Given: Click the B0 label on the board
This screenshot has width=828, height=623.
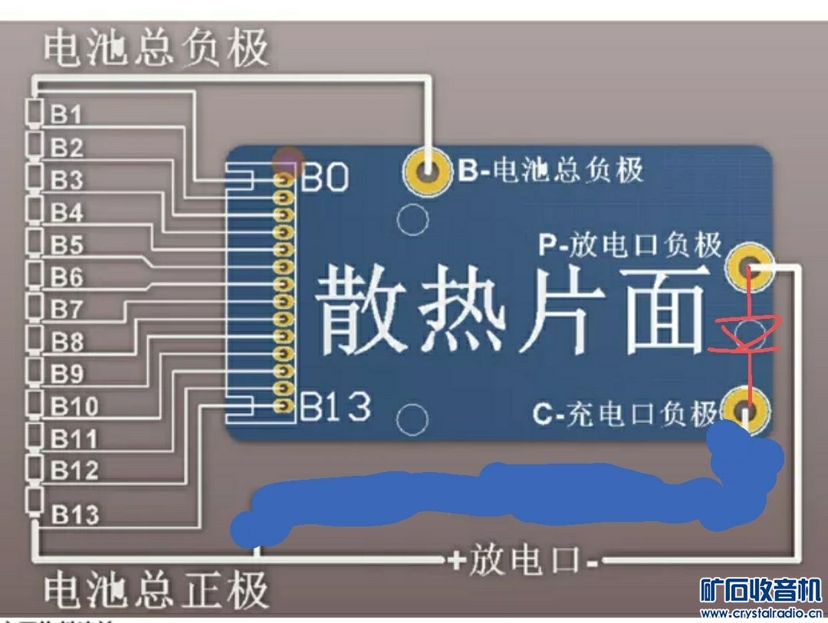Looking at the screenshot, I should click(x=324, y=179).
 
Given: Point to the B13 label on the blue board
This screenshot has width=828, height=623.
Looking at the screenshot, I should click(x=335, y=406).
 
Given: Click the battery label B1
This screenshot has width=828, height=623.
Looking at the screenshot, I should click(x=67, y=115).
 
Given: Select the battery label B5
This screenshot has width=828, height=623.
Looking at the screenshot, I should click(x=67, y=245).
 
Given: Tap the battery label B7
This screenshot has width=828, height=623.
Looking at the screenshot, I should click(x=67, y=310).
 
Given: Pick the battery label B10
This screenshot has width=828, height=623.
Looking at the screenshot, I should click(x=74, y=406).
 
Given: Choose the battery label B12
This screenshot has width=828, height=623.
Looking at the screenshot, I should click(x=74, y=471).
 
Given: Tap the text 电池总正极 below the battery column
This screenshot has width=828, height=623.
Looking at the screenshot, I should click(x=156, y=590).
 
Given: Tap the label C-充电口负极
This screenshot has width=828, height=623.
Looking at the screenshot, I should click(x=625, y=415).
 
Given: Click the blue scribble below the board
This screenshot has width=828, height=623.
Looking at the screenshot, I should click(x=498, y=494).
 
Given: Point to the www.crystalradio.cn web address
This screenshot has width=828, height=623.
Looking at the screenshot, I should click(x=761, y=612).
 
